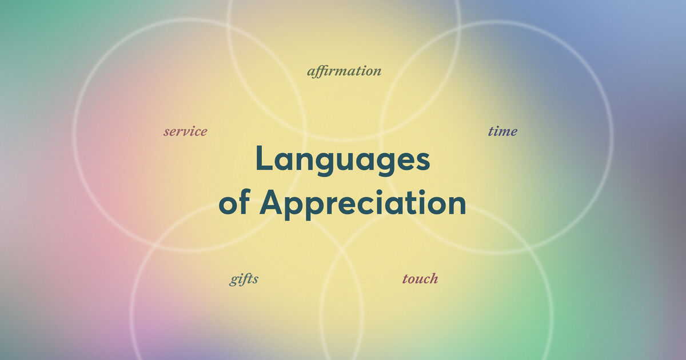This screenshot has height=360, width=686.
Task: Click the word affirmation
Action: pyautogui.click(x=344, y=71)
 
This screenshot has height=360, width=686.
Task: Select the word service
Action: pyautogui.click(x=185, y=131)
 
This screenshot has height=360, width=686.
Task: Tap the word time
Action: pyautogui.click(x=502, y=131)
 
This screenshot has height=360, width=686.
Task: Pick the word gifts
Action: pyautogui.click(x=244, y=279)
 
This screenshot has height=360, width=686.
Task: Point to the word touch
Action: pyautogui.click(x=420, y=279)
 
